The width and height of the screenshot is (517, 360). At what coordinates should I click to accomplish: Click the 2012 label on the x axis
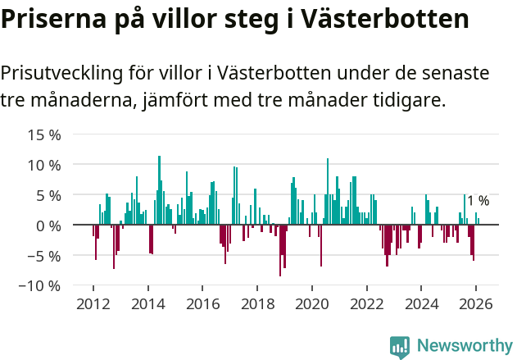(93, 303)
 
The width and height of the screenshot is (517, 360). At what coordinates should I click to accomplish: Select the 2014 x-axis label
(148, 303)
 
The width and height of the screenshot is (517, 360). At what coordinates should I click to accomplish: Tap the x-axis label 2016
(202, 303)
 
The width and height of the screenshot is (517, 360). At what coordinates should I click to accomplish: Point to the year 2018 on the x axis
(257, 303)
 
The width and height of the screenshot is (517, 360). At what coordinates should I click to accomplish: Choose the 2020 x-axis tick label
(311, 303)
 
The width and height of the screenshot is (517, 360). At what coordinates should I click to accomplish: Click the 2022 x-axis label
(366, 303)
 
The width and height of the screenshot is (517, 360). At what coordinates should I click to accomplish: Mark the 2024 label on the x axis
(420, 303)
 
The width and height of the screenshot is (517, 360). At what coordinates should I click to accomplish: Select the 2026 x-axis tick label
(475, 303)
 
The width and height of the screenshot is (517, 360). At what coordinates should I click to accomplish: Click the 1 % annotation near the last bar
(478, 201)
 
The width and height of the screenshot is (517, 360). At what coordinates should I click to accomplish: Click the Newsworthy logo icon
(400, 346)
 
